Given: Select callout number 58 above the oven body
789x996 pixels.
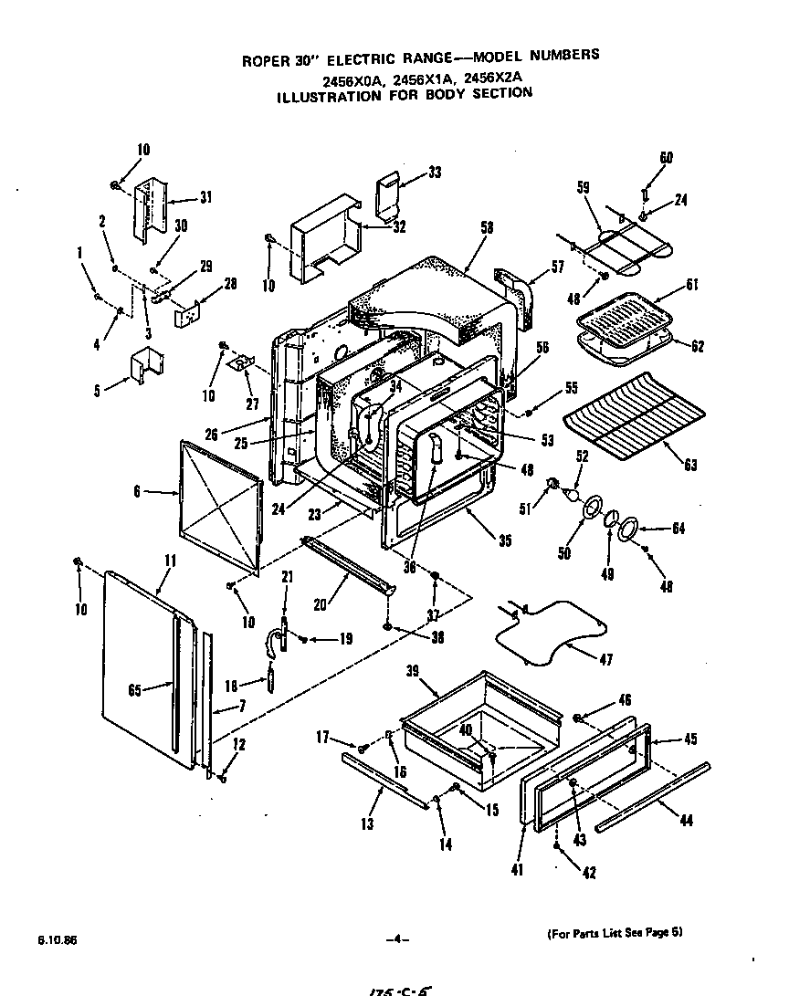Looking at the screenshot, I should coord(487,228).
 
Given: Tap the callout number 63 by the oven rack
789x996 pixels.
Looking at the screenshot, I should coord(690,466).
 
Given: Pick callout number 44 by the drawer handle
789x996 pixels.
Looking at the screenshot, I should coord(686,821).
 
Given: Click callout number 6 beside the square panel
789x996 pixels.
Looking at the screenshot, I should coord(136,491).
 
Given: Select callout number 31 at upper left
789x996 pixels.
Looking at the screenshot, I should coord(205,197).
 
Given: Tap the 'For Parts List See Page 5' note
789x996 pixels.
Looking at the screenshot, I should coord(614,933).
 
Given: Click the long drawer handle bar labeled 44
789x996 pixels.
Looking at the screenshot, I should coord(653,796).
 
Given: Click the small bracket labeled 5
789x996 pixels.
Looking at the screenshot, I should coord(145,364).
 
